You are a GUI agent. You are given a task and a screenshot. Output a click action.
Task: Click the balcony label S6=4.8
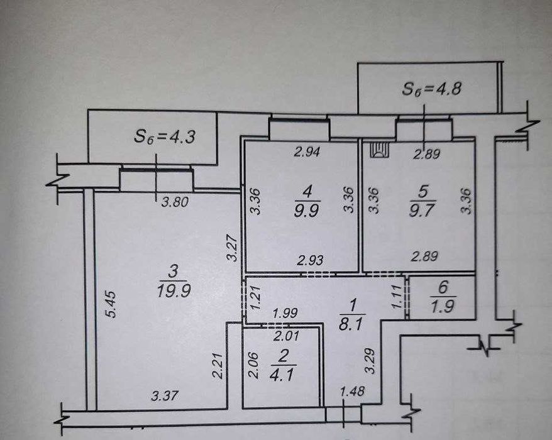pyautogui.click(x=431, y=89)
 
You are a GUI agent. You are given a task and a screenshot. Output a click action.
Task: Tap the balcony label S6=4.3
pyautogui.click(x=164, y=137)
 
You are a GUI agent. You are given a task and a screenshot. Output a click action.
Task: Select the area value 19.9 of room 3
pyautogui.click(x=174, y=292)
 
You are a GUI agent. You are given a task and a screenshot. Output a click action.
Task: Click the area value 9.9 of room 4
pyautogui.click(x=307, y=212)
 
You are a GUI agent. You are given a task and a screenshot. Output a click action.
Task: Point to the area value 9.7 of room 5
pyautogui.click(x=422, y=211)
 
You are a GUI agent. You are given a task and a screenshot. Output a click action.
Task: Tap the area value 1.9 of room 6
pyautogui.click(x=443, y=306)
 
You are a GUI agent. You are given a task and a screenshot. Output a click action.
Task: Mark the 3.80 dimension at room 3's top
pyautogui.click(x=175, y=202)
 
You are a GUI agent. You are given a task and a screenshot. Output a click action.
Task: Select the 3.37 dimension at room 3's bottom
pyautogui.click(x=164, y=396)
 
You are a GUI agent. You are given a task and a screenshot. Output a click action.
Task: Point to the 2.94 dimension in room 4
pyautogui.click(x=307, y=151)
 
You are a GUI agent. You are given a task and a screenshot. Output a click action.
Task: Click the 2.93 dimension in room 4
pyautogui.click(x=310, y=260)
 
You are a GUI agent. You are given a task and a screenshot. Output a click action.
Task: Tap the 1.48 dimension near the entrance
pyautogui.click(x=352, y=391)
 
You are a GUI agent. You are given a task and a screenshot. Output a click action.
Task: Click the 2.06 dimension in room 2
pyautogui.click(x=253, y=365)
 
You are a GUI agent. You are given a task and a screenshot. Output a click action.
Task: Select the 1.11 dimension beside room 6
pyautogui.click(x=397, y=297)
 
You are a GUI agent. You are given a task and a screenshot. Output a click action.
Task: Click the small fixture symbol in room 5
pyautogui.click(x=380, y=150)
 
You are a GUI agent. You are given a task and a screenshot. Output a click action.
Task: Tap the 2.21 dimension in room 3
pyautogui.click(x=218, y=366)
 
